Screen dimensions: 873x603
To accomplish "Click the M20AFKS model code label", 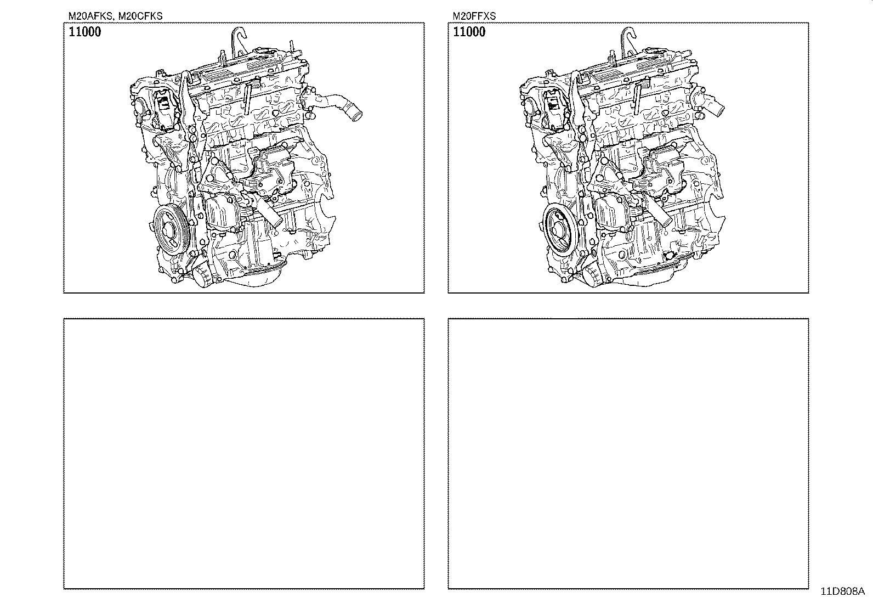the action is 89,16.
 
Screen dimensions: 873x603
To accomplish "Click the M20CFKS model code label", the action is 140,16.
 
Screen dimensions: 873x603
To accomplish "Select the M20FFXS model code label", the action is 474,16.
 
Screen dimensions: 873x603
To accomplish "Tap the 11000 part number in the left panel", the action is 84,32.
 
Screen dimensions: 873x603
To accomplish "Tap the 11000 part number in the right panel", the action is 469,32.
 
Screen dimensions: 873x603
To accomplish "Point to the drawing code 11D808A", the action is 842,591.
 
